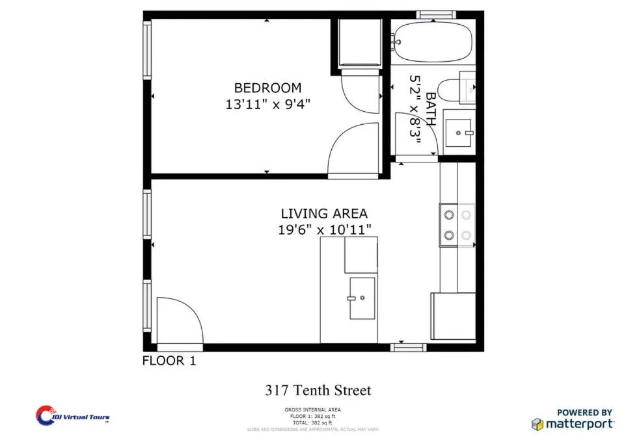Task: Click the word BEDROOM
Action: point(267,88)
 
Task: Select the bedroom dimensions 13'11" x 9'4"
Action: point(267,105)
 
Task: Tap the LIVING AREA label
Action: point(324,213)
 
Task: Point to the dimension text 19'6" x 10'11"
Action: point(324,229)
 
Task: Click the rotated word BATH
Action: point(430,104)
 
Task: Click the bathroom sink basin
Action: point(461,133)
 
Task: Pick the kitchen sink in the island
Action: point(362,298)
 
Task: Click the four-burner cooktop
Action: point(457,225)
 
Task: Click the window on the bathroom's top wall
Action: point(435,14)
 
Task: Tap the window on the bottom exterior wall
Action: point(408,348)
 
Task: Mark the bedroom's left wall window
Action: point(147,51)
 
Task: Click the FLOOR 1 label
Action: point(169,361)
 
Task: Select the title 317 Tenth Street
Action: point(318,391)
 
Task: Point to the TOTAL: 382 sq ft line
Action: point(312,423)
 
